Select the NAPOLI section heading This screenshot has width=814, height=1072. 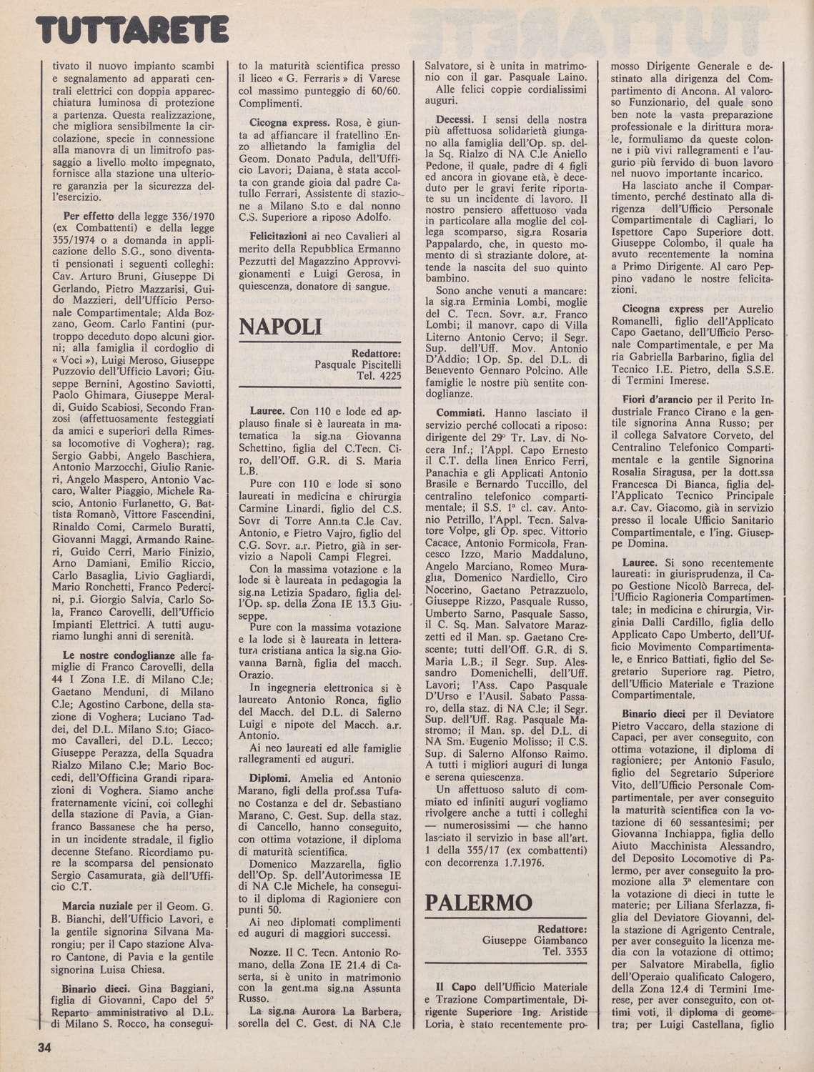(x=281, y=327)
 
